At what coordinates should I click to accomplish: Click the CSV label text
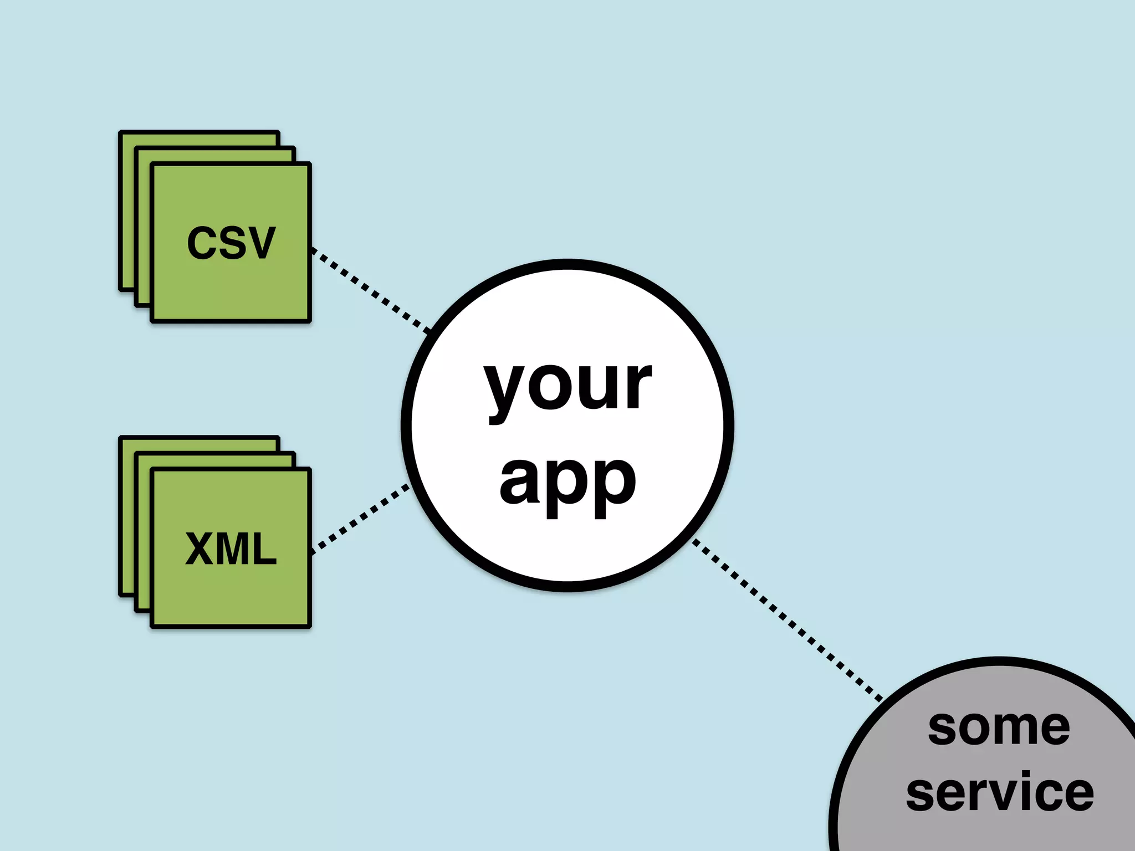click(231, 243)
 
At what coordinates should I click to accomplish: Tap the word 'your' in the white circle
click(567, 385)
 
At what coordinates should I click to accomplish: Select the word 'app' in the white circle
click(567, 482)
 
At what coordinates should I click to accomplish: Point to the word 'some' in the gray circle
click(999, 727)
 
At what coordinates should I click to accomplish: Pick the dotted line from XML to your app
click(360, 519)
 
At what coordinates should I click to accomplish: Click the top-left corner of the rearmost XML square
click(121, 438)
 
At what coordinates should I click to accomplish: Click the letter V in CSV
click(260, 243)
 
